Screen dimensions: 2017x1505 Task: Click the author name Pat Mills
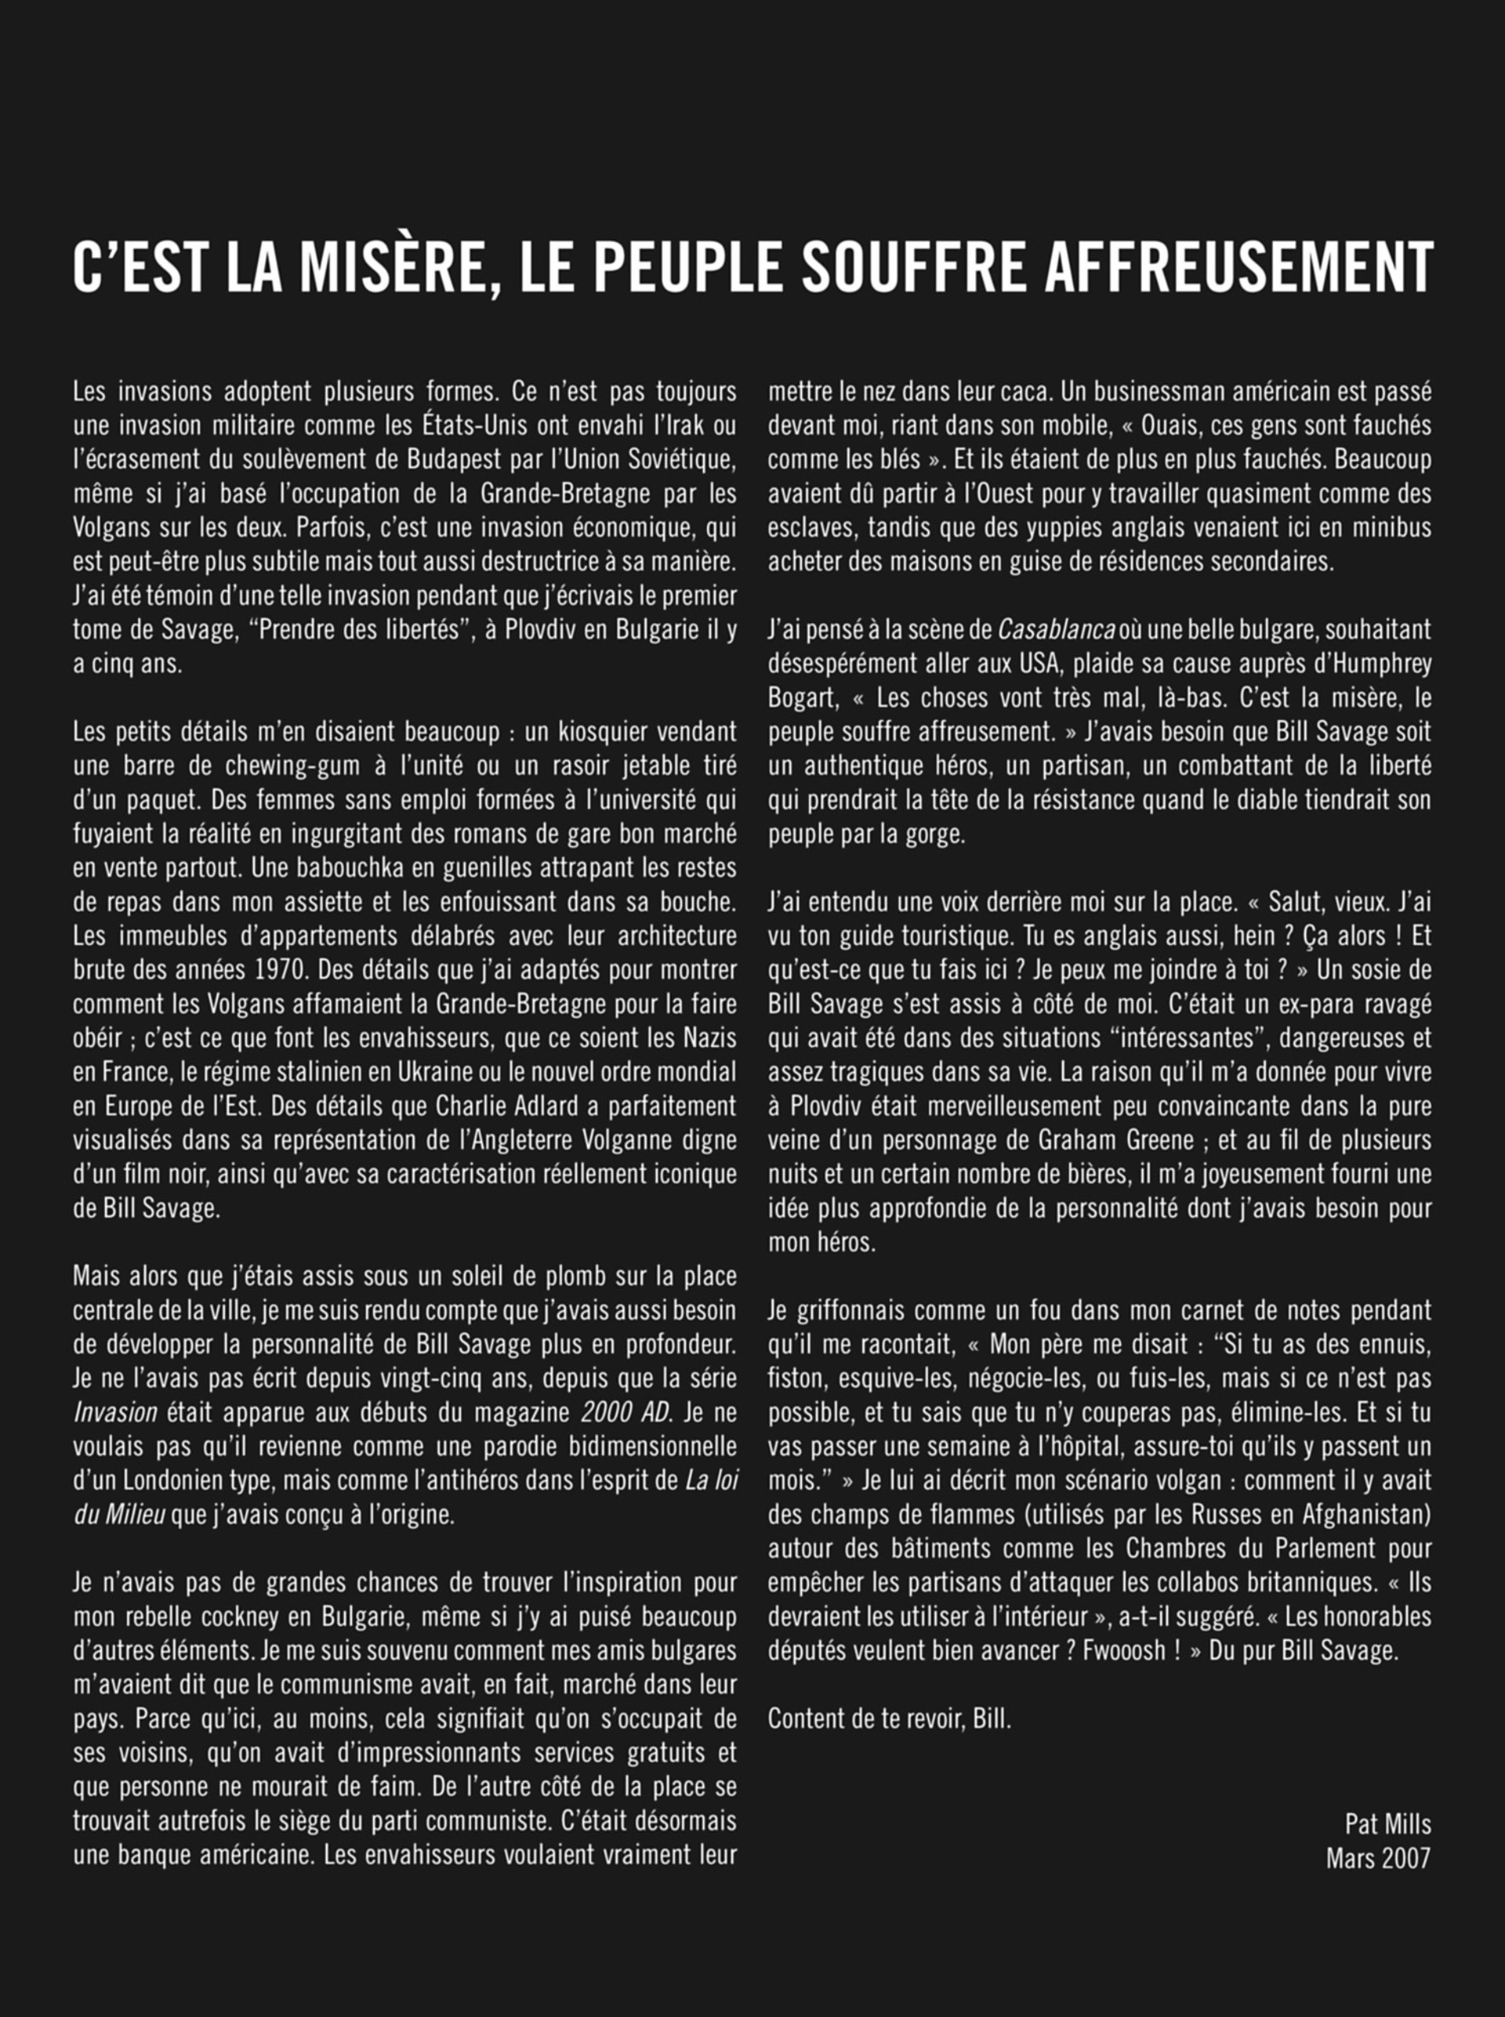coord(1387,1824)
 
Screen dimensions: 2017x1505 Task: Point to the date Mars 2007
coord(1377,1859)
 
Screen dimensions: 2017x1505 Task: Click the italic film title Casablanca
coord(1056,629)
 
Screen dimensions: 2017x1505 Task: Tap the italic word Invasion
coord(114,1412)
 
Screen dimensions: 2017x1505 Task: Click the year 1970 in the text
coord(280,970)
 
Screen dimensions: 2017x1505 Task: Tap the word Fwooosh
coord(1122,1651)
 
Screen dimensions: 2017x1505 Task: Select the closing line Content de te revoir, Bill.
coord(889,1718)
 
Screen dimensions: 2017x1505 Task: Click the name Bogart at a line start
coord(802,697)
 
